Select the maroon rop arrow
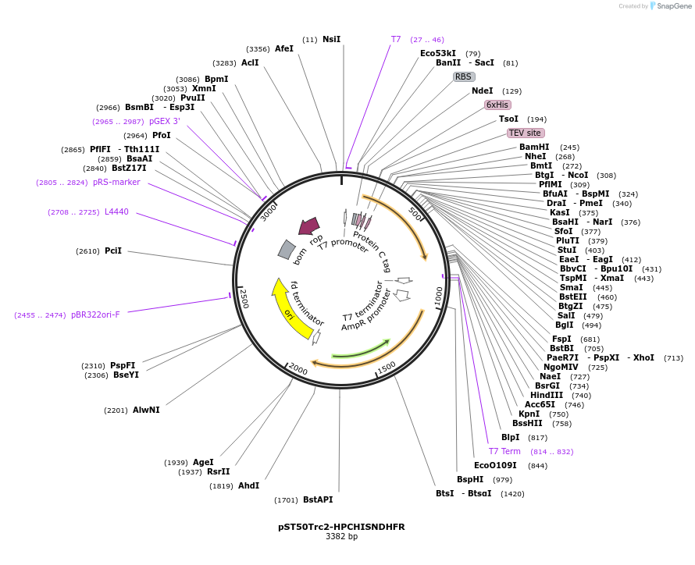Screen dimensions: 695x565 [309, 226]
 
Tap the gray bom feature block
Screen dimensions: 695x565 [287, 249]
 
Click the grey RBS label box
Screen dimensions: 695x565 [464, 76]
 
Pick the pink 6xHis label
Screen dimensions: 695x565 [497, 105]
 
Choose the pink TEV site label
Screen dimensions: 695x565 [524, 133]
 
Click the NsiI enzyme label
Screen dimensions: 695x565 [331, 39]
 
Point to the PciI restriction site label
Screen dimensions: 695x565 [113, 251]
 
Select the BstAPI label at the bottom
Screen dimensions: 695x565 [318, 499]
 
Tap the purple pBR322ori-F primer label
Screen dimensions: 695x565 [95, 314]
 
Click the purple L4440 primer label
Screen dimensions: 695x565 [116, 211]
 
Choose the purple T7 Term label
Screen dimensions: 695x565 [504, 451]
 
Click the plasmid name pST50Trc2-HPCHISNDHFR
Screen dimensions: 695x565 [341, 527]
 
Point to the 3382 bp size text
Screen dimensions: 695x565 [341, 537]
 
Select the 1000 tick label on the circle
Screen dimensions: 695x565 [439, 296]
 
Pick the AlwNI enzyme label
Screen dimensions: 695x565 [146, 410]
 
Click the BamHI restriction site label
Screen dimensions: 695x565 [534, 147]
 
